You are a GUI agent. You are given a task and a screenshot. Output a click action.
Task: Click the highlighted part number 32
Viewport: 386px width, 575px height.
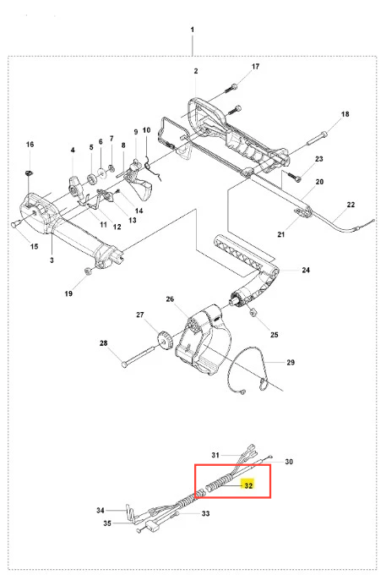[248, 485]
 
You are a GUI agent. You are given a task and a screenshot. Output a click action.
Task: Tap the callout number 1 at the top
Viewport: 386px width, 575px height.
[193, 30]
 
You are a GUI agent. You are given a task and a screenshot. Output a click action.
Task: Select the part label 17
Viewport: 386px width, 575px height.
[255, 66]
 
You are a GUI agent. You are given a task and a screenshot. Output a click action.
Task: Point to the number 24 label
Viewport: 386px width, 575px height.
[306, 270]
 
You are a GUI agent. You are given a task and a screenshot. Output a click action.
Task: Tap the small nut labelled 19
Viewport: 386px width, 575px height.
[88, 271]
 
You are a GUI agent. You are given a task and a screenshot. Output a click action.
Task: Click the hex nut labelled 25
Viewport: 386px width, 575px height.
[253, 313]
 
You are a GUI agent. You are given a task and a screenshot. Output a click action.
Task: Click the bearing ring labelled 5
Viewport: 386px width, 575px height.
[91, 179]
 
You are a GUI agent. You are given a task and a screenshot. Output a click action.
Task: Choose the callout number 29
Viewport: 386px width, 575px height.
[291, 362]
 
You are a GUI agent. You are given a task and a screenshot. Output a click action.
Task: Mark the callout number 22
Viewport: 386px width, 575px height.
[351, 205]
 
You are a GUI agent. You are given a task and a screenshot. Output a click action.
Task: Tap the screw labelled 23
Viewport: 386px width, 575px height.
[295, 177]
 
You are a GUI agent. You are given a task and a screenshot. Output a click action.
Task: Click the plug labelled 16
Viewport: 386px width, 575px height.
[29, 172]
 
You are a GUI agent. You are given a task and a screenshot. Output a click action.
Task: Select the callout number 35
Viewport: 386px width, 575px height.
[107, 523]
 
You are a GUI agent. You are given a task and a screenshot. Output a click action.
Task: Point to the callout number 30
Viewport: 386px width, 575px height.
[289, 462]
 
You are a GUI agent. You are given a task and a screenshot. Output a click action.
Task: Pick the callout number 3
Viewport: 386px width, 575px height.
[52, 260]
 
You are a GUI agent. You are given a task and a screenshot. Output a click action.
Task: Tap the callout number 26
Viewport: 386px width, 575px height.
[170, 299]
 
